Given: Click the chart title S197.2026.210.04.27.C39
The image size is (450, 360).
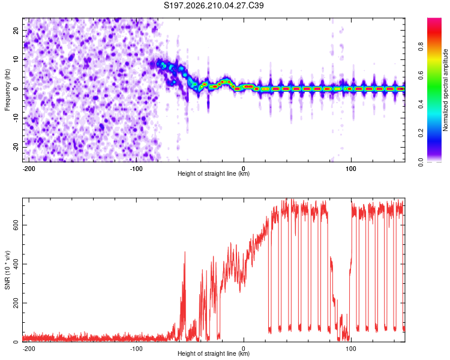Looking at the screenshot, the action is (214, 5).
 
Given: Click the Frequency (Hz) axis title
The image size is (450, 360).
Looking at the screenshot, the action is (7, 90).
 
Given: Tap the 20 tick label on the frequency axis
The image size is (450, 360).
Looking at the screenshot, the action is (16, 30).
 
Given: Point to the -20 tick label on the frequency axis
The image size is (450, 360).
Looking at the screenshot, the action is (16, 147).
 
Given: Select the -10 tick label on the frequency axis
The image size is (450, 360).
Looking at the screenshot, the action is (16, 118).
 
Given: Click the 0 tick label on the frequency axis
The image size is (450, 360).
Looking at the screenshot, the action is (16, 89).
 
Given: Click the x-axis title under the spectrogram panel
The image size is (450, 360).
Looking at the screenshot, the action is (214, 173).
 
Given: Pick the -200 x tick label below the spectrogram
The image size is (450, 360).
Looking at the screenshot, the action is (28, 169).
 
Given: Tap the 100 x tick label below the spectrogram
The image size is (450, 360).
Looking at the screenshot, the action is (351, 169).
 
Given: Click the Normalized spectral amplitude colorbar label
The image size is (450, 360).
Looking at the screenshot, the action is (445, 90).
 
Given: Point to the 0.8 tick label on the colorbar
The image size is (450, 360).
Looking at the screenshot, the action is (421, 47).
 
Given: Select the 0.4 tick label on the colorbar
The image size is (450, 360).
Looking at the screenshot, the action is (421, 104).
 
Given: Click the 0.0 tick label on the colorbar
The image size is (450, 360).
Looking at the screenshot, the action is (421, 162).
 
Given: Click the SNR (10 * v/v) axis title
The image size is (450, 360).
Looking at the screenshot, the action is (7, 270).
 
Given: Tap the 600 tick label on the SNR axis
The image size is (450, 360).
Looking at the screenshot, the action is (16, 225).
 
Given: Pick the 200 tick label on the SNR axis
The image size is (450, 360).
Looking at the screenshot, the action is (16, 303).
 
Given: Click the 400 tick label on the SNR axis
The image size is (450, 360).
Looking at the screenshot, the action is (16, 264).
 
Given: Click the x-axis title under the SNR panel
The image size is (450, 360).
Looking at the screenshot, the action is (214, 353).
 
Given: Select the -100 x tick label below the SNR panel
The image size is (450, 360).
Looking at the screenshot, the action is (136, 349).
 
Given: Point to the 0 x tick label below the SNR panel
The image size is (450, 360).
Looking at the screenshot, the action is (244, 349).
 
